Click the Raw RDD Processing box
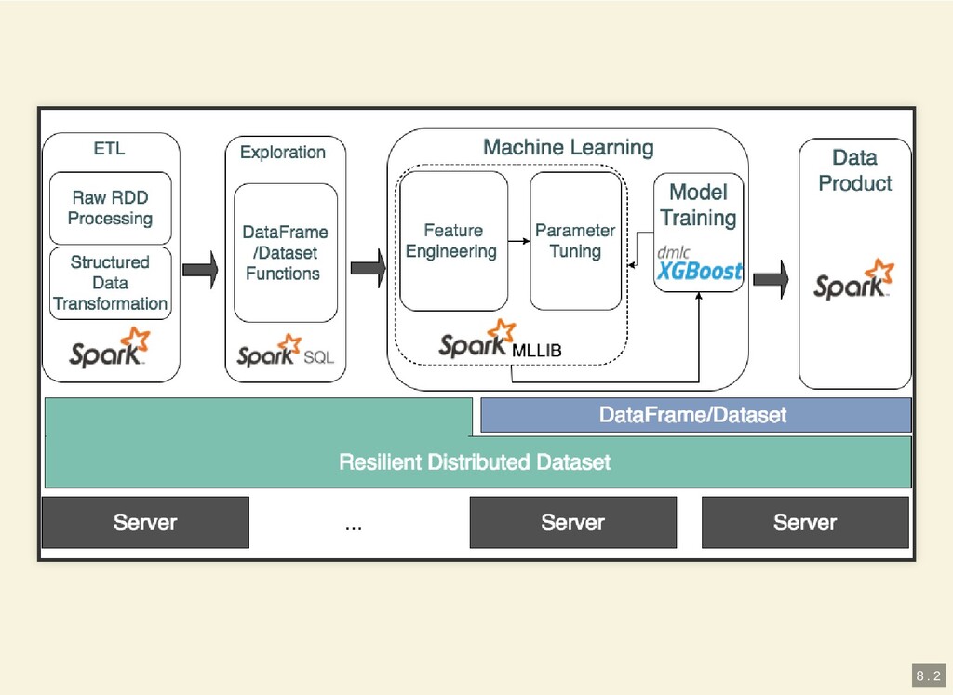110,207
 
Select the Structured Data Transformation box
110,282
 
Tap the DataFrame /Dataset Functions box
285,252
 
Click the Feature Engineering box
452,240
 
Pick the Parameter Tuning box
575,240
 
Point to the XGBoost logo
699,271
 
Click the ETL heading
109,148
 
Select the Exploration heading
283,152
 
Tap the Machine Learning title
568,147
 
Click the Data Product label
854,170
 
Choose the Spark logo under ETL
110,347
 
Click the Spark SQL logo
284,352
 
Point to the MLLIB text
537,351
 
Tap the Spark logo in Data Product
854,282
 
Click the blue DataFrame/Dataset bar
694,415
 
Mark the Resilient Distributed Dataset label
475,461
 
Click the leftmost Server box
145,522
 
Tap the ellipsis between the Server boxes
354,527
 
